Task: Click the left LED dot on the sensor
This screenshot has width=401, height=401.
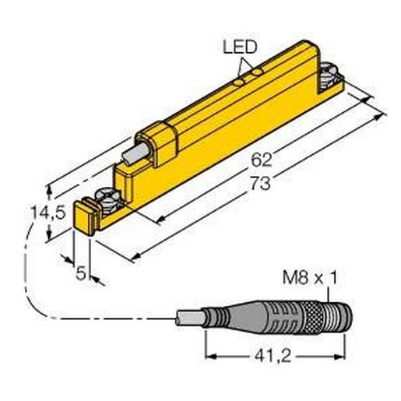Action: [x=241, y=78]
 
